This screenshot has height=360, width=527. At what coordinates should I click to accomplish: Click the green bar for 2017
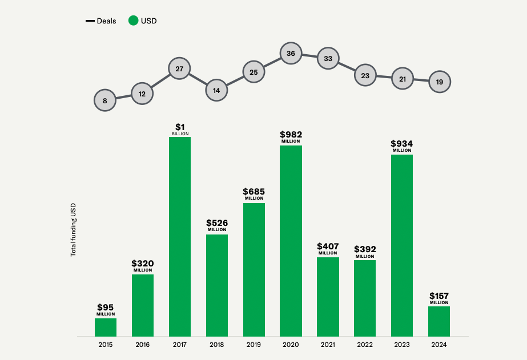click(x=180, y=236)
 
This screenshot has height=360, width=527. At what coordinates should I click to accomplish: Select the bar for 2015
click(x=106, y=327)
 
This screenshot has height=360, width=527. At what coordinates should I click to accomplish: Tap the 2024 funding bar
click(x=439, y=321)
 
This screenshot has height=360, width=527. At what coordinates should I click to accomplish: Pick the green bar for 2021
click(x=328, y=297)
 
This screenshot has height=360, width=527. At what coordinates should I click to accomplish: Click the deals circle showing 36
click(x=291, y=54)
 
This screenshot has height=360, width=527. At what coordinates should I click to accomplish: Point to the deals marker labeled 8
click(x=105, y=101)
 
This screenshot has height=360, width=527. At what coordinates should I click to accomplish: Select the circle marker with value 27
click(x=179, y=68)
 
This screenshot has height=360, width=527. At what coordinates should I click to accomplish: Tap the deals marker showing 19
click(x=439, y=82)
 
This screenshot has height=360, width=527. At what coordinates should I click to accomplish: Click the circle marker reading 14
click(x=216, y=90)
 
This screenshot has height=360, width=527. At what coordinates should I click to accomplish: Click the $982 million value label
click(x=291, y=137)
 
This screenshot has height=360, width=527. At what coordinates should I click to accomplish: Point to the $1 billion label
click(x=180, y=129)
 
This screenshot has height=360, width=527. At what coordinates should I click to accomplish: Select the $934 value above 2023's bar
click(x=402, y=146)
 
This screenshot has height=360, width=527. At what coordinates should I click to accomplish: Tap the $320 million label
click(x=143, y=266)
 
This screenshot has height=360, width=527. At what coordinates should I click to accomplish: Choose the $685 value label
click(x=254, y=194)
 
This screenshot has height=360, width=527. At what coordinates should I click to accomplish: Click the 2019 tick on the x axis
click(x=254, y=345)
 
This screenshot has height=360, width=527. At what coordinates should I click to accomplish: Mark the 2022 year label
click(x=365, y=345)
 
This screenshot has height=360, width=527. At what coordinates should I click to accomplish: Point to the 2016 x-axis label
click(x=143, y=345)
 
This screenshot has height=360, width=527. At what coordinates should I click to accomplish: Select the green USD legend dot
click(x=133, y=21)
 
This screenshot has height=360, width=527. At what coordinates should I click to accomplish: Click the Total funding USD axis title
click(x=73, y=229)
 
